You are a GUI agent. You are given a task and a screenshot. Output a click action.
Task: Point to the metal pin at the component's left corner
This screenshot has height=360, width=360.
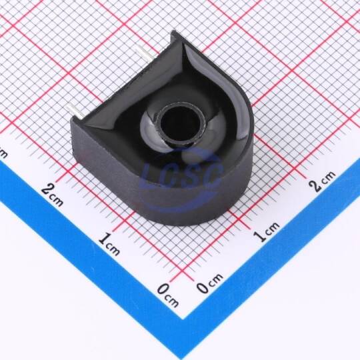tap(75, 112)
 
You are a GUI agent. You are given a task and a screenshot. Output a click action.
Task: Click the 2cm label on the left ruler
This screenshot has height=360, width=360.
tap(53, 195)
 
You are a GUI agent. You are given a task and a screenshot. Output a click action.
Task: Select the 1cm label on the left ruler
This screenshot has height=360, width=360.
tap(109, 244)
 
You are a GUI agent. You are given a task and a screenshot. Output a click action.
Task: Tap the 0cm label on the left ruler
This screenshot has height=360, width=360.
tap(168, 295)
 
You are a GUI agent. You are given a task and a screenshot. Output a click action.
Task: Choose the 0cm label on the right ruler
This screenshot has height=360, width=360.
tap(210, 283)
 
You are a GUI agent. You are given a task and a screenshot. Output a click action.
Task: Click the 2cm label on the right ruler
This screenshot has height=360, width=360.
tap(321, 181)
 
